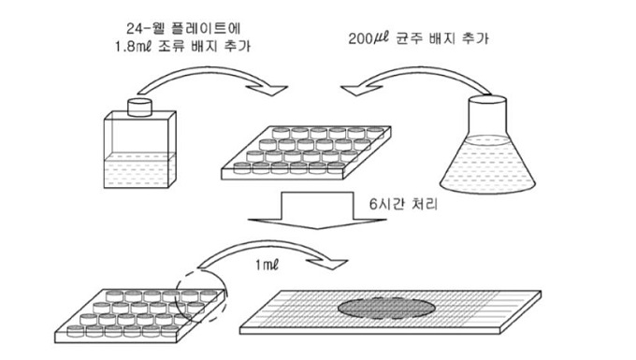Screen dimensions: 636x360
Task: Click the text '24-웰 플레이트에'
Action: pos(183,28)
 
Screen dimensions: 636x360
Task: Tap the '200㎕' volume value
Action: pos(369,38)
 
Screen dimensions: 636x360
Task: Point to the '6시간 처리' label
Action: pos(403,204)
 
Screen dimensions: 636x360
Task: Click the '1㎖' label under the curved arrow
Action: pos(267,266)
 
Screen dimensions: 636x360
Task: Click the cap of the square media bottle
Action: pos(139,108)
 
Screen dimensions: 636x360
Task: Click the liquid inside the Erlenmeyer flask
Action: pos(487,166)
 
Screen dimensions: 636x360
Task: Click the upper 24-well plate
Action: pos(306,152)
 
